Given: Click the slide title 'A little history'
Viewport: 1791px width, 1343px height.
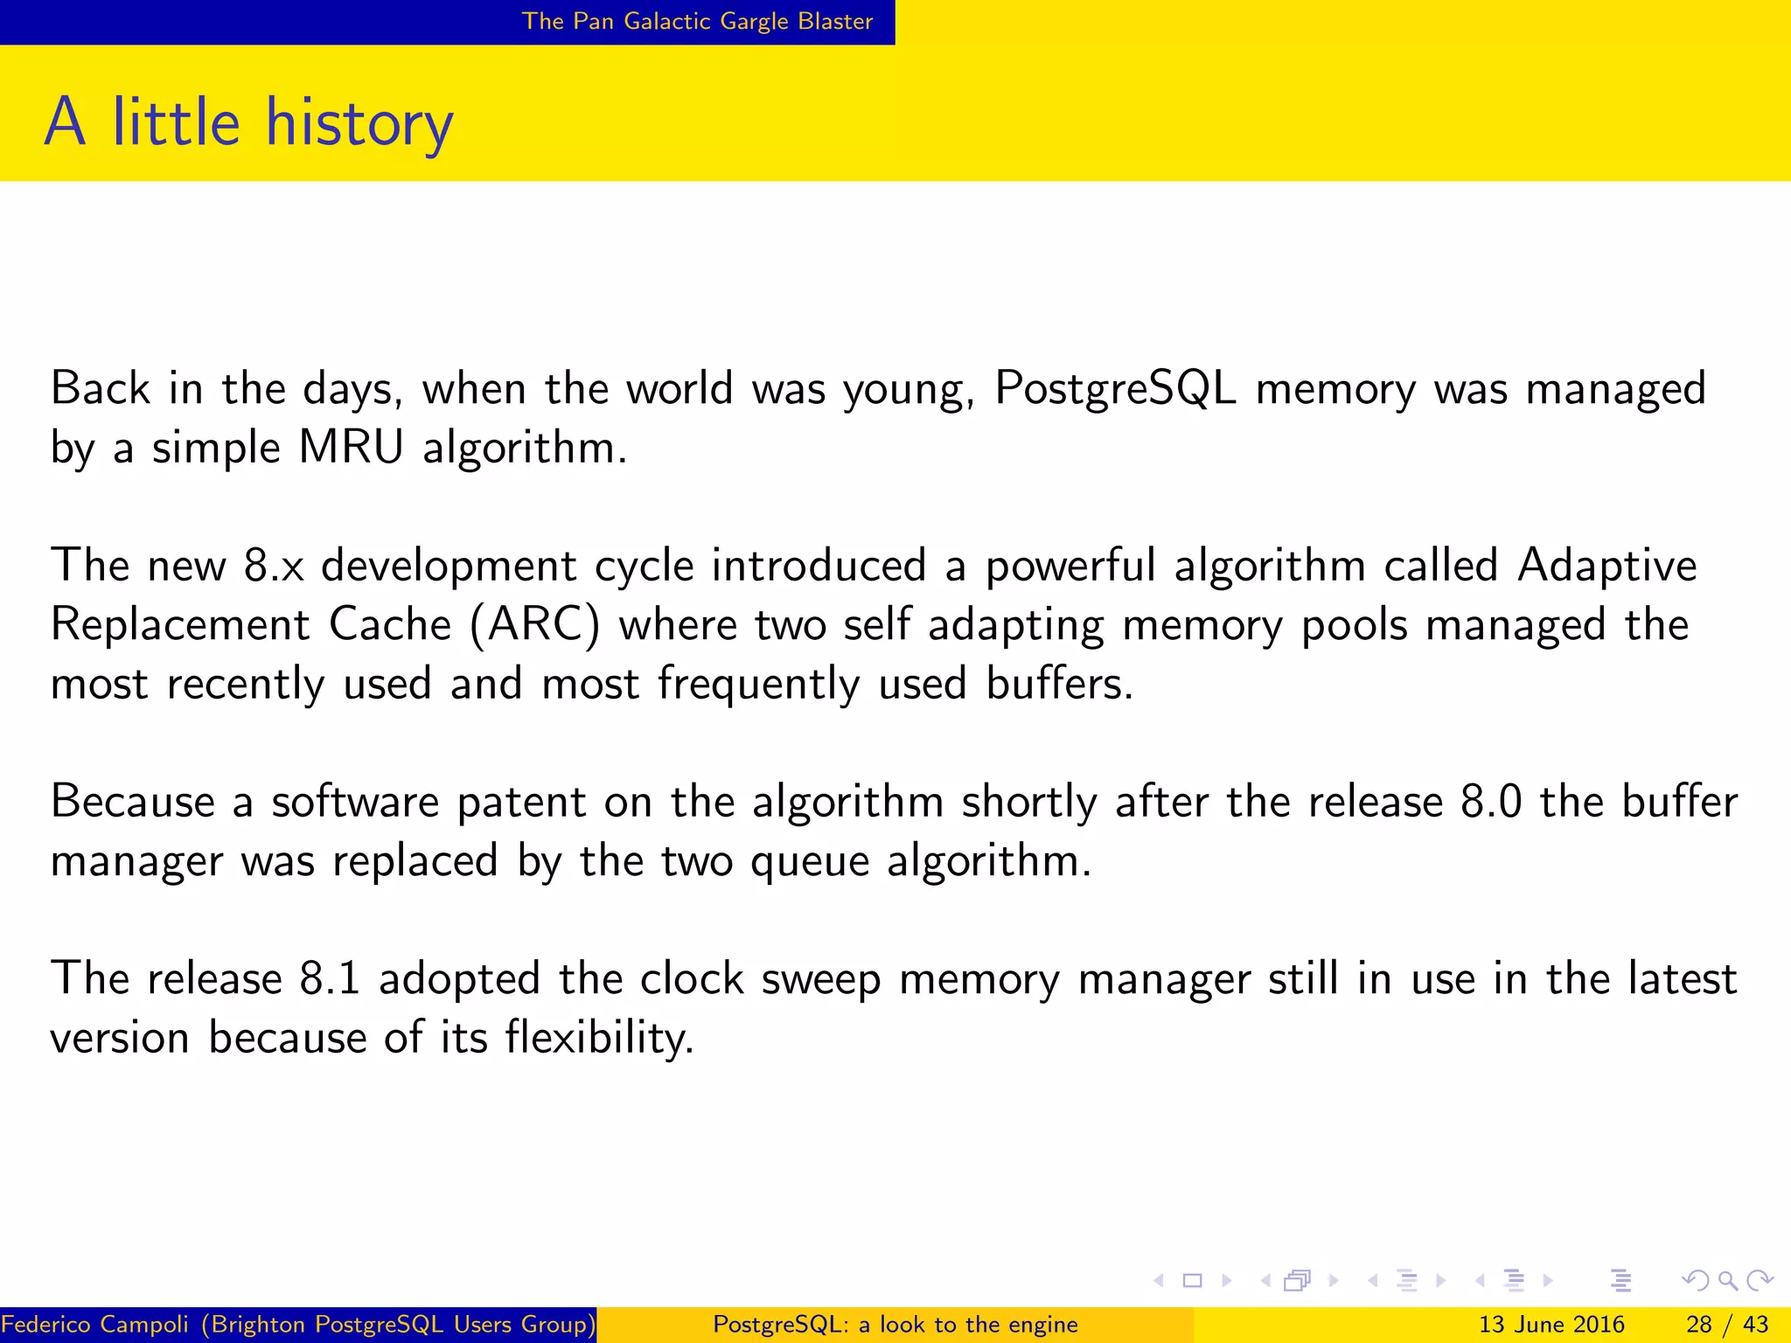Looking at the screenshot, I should tap(249, 122).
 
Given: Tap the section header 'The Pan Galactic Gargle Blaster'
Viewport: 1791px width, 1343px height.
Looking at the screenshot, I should tap(697, 21).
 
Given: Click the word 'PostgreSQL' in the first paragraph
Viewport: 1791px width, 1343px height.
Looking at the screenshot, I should tap(1115, 388).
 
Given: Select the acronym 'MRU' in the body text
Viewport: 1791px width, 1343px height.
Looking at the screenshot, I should tap(351, 448).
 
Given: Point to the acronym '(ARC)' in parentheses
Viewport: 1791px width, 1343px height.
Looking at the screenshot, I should tap(535, 625).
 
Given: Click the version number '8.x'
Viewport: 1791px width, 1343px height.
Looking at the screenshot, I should tap(274, 566).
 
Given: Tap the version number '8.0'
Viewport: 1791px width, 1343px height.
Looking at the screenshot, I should tap(1491, 802).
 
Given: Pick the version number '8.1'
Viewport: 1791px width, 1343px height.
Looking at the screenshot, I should tap(330, 978).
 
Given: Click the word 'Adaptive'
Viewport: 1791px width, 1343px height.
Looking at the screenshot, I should tap(1607, 566).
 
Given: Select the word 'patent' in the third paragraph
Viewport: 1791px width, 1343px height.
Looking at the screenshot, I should tap(521, 802).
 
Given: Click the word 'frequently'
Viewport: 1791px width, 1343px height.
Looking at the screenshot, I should tap(758, 685).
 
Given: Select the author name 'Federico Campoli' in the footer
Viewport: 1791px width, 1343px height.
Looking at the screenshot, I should tap(94, 1325).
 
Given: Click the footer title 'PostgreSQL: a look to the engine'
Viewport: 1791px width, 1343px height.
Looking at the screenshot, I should tap(895, 1325).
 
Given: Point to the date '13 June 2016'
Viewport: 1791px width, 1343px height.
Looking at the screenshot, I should tap(1551, 1325).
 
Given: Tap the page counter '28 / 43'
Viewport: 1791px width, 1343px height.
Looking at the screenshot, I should tap(1727, 1325).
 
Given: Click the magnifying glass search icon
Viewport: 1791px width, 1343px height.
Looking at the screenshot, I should tap(1727, 1281).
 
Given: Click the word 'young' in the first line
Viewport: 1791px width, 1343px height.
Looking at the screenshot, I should tap(908, 390).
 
